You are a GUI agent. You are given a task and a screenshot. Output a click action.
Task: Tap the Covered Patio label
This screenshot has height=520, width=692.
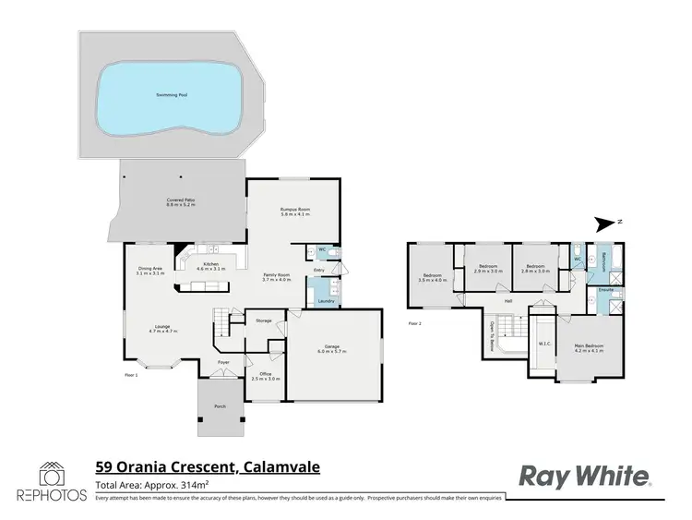tap(180, 201)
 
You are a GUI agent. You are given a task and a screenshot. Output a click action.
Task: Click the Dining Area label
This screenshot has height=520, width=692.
tap(149, 270)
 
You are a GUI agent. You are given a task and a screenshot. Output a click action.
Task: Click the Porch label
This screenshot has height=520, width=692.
tap(220, 406)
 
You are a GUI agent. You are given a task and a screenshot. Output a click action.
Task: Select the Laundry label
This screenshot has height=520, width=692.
tap(325, 301)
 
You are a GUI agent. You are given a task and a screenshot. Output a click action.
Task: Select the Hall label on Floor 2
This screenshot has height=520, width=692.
tap(507, 301)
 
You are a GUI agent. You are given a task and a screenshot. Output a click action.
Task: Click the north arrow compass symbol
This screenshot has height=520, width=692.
tap(606, 223)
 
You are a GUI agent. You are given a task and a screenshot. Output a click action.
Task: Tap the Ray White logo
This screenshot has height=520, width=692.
tap(586, 476)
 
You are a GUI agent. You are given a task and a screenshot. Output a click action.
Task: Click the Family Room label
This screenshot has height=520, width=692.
tap(278, 275)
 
